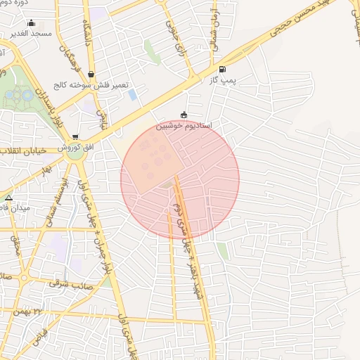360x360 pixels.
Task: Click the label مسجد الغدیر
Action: [x=32, y=33]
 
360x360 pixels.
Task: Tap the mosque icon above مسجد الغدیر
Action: [x=31, y=22]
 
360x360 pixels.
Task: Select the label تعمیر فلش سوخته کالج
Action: [x=98, y=84]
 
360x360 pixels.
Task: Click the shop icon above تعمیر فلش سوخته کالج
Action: [x=91, y=74]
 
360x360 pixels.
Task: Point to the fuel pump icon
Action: [x=223, y=69]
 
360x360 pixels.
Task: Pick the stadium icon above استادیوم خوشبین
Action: [x=184, y=115]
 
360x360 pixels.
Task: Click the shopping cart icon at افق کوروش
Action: [x=75, y=137]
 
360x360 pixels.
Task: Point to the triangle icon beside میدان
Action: [x=8, y=198]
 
